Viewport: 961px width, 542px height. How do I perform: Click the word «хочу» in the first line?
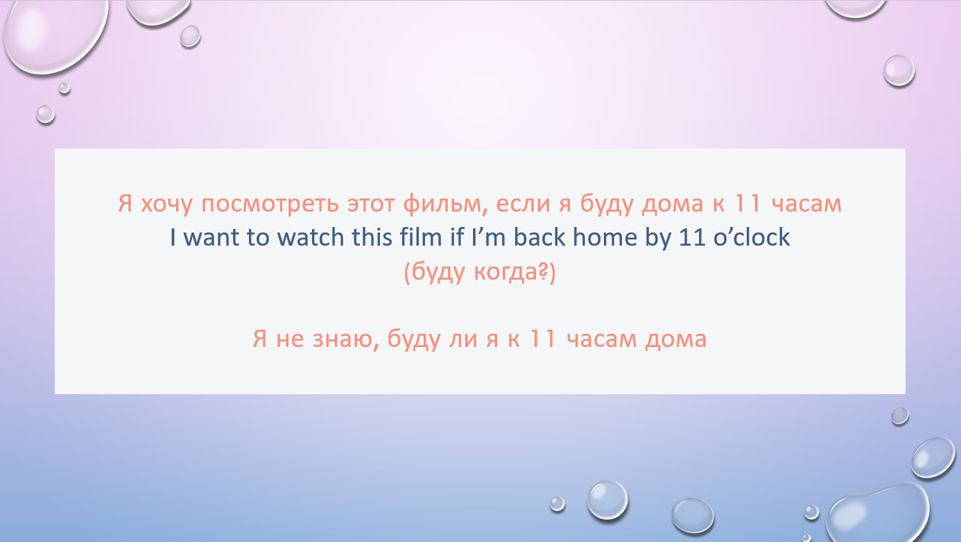point(166,205)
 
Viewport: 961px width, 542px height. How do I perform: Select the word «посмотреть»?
point(270,203)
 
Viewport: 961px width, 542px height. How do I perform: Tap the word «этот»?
point(371,204)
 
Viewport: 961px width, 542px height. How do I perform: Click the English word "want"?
point(211,237)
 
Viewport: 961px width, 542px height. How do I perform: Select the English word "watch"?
point(311,237)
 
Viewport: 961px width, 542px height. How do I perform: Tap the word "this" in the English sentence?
point(372,237)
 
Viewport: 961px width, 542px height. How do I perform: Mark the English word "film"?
point(420,237)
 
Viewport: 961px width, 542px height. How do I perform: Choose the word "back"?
point(539,237)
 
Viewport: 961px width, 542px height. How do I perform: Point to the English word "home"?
point(605,237)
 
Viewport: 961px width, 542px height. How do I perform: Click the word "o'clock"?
point(751,237)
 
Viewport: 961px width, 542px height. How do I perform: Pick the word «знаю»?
point(346,339)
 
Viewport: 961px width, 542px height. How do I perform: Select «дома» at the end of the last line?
point(676,340)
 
